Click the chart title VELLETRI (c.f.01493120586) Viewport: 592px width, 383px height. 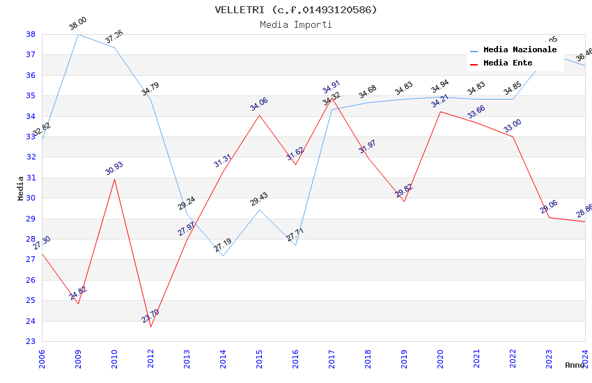(296, 10)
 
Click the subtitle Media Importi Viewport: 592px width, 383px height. (296, 24)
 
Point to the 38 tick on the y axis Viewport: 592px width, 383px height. (31, 34)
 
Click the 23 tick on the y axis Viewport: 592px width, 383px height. (31, 342)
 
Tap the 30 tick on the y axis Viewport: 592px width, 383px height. (31, 198)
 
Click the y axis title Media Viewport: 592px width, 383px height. (21, 188)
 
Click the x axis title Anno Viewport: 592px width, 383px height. (575, 365)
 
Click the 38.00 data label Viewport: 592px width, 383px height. (78, 24)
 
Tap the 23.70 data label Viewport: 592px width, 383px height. (150, 316)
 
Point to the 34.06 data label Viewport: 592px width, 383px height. (259, 104)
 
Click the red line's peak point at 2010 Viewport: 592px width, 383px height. (114, 179)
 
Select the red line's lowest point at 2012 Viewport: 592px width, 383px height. (150, 327)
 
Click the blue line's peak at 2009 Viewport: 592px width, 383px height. (78, 34)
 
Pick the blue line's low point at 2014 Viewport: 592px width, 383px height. (223, 256)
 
